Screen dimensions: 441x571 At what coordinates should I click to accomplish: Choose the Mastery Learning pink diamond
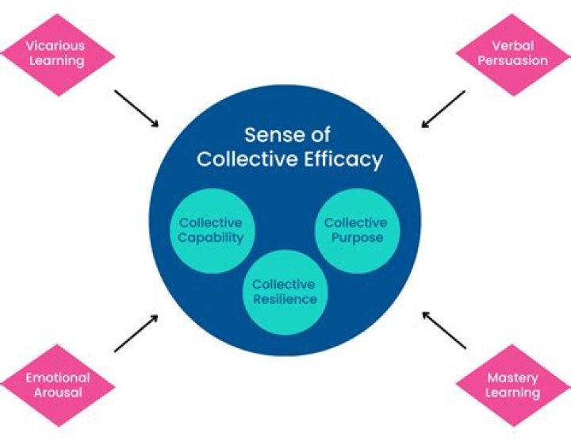[x=514, y=385]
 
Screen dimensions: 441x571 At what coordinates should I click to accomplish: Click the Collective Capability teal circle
[x=210, y=231]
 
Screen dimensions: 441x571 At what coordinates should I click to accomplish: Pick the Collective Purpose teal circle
[x=355, y=231]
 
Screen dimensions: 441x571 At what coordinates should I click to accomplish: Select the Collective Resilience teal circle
[x=284, y=291]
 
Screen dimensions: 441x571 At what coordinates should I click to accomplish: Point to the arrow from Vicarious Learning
[x=136, y=108]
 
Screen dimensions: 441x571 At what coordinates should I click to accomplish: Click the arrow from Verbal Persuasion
[x=443, y=109]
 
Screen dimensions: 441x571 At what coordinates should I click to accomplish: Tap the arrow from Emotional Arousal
[x=136, y=333]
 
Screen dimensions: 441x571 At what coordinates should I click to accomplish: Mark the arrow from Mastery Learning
[x=444, y=330]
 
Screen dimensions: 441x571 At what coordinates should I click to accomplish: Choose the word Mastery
[x=514, y=378]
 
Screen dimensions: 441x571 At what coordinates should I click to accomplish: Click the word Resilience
[x=284, y=299]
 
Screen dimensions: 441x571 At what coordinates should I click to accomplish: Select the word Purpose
[x=355, y=238]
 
